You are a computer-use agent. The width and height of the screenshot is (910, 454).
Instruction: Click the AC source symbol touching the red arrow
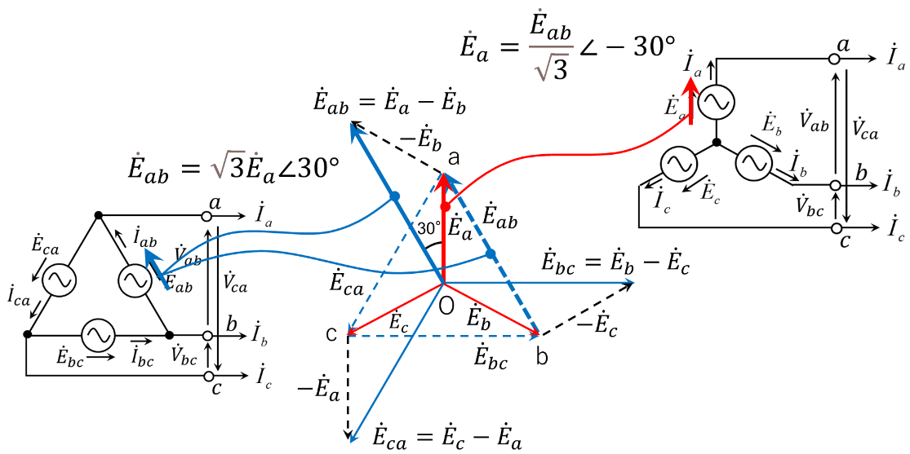pos(717,102)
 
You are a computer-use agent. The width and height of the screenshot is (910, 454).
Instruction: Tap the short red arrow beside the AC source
pos(691,100)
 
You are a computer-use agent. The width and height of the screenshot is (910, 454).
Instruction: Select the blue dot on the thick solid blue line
pos(395,196)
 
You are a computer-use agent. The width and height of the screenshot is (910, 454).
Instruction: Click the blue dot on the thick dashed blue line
pos(491,254)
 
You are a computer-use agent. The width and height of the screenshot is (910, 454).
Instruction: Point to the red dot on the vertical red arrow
pos(445,207)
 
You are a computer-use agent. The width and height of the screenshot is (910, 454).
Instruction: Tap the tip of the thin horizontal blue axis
pos(632,283)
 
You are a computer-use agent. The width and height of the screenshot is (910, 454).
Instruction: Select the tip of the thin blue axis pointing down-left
pos(352,441)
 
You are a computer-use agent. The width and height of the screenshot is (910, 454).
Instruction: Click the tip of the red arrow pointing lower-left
pos(350,333)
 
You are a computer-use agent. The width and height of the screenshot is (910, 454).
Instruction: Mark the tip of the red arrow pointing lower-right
pos(538,333)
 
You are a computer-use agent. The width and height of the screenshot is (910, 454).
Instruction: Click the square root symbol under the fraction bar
pos(551,68)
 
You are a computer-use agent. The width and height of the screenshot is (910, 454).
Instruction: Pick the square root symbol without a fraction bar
pos(228,165)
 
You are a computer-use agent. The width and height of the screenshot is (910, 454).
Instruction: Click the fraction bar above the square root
pos(551,47)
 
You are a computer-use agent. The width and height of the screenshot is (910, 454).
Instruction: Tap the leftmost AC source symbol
pos(60,280)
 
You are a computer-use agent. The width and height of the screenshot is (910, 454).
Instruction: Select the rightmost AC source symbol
pos(753,163)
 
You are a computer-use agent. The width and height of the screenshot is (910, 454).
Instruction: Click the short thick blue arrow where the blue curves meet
pos(156,267)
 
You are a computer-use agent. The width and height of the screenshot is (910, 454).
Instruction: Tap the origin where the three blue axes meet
pos(443,283)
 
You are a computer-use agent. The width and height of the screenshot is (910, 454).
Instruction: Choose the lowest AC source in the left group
pos(98,335)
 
